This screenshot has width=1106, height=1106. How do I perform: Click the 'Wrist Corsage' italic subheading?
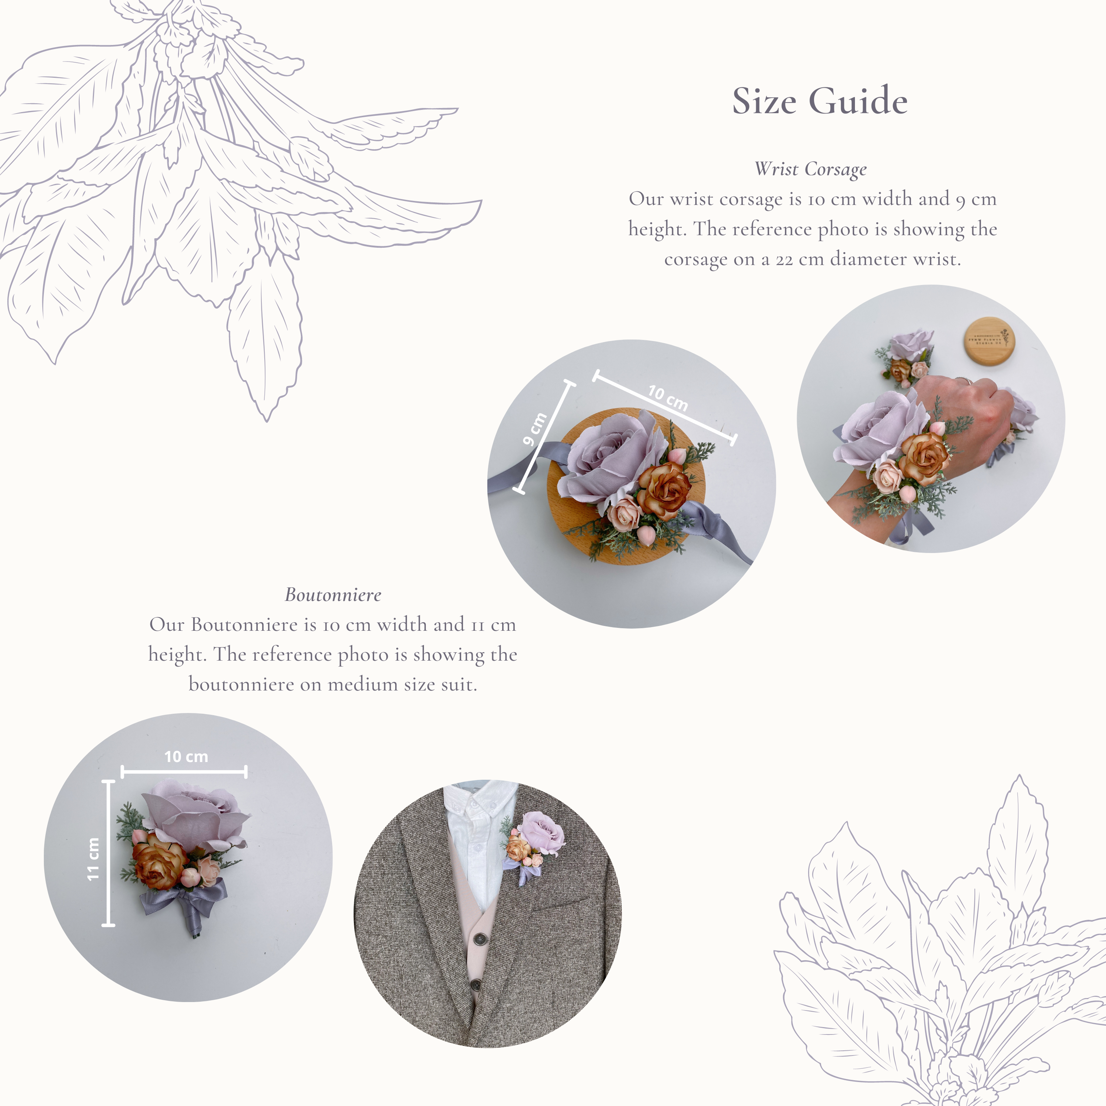[811, 169]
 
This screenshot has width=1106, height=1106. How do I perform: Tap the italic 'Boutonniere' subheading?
[333, 595]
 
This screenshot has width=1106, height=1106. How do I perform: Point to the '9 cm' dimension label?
[535, 429]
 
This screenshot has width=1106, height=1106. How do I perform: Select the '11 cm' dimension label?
[93, 859]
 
